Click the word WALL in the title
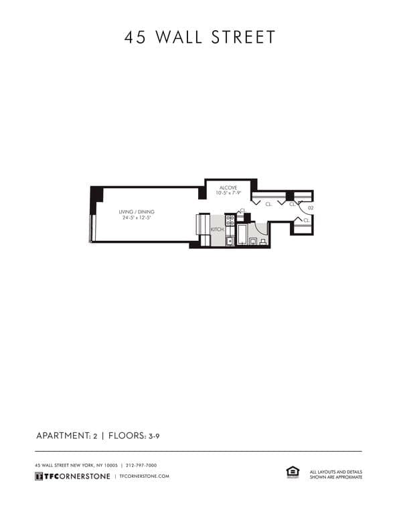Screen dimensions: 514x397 point(179,37)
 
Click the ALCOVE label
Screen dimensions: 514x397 point(227,188)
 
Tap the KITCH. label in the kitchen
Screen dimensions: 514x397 point(217,230)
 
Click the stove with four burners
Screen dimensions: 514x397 point(230,219)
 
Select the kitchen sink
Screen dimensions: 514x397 point(230,240)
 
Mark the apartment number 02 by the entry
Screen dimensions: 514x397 point(311,208)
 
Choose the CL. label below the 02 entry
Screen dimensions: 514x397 point(306,220)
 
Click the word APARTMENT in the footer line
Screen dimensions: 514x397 point(62,436)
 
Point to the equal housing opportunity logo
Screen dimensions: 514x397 point(293,472)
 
